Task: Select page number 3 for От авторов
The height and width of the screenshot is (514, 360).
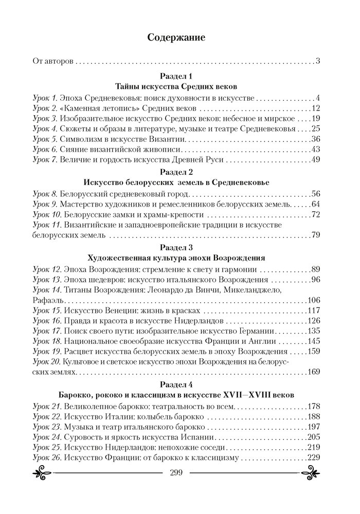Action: point(318,62)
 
